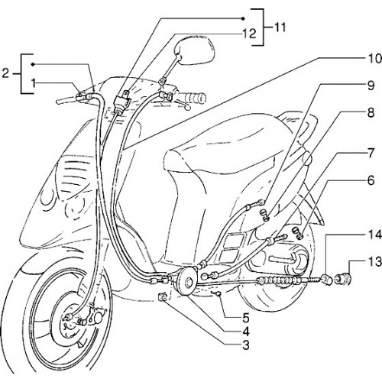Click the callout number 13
click(x=374, y=262)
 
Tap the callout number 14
click(x=374, y=235)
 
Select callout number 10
click(x=374, y=59)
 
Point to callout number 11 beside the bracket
click(x=280, y=28)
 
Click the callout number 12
click(x=249, y=34)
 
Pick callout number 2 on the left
click(x=5, y=73)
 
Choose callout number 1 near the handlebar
click(x=34, y=83)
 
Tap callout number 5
click(x=246, y=318)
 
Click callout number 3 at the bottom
click(x=246, y=345)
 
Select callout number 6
click(x=371, y=180)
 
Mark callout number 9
click(x=371, y=86)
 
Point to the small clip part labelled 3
click(x=163, y=297)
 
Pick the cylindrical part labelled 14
click(x=327, y=280)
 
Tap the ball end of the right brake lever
click(x=188, y=108)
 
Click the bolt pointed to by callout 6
click(x=299, y=232)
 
